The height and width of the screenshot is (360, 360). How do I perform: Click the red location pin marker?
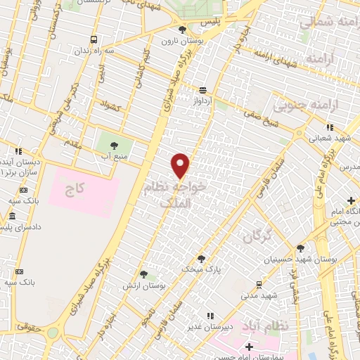click(x=181, y=166)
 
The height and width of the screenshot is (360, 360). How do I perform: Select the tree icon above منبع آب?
click(x=114, y=146)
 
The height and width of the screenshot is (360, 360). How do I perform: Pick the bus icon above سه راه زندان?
click(x=94, y=39)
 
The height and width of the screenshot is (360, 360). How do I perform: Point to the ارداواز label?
click(x=202, y=101)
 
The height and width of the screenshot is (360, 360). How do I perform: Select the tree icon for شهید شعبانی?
click(x=328, y=128)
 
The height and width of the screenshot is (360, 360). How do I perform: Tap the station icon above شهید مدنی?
click(x=259, y=284)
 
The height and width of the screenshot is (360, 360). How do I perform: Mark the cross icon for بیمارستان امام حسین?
click(x=249, y=347)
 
